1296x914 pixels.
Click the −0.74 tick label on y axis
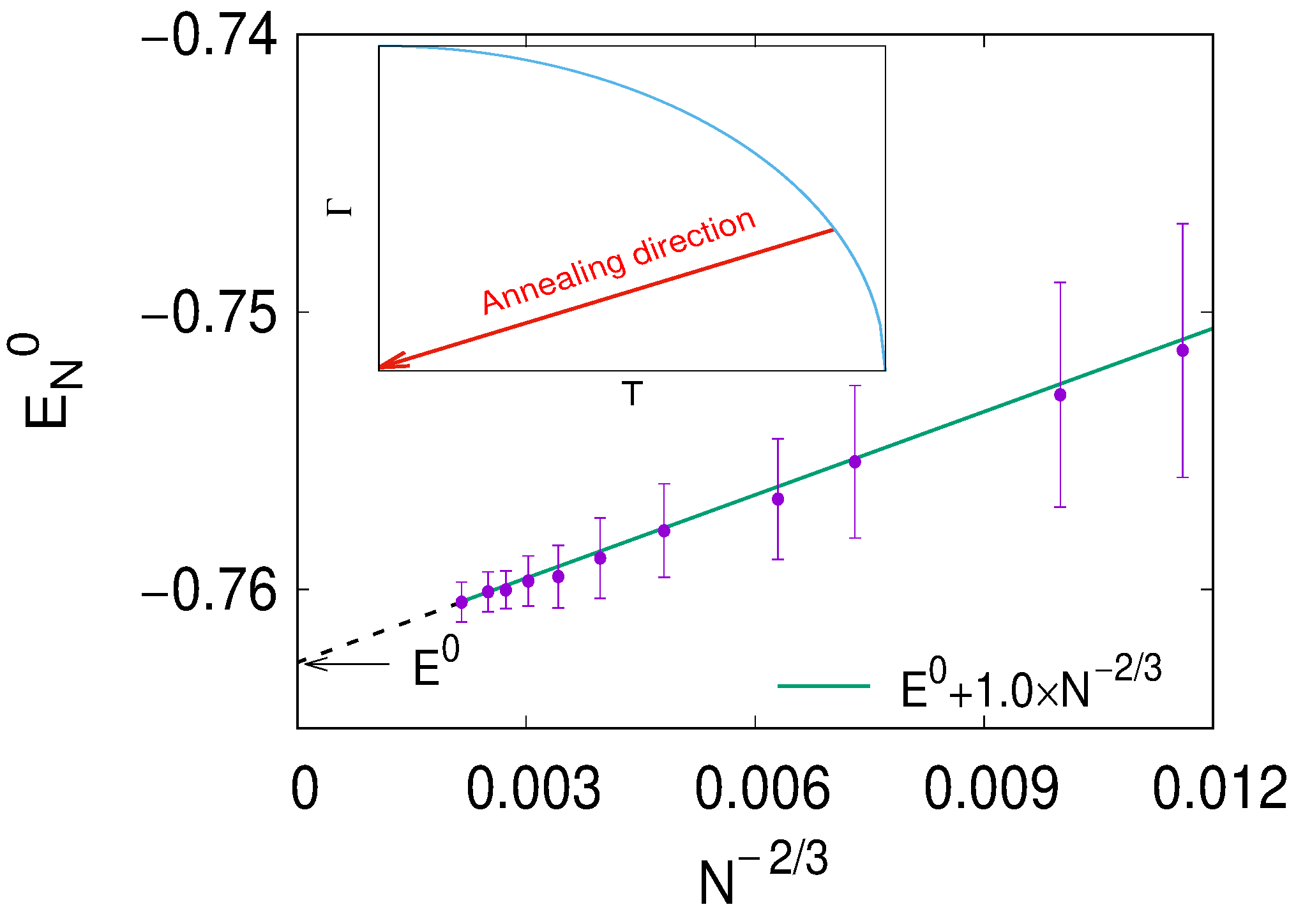point(209,37)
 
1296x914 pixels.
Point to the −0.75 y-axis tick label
point(209,313)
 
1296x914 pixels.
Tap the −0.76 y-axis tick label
point(209,591)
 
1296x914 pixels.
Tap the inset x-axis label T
point(632,394)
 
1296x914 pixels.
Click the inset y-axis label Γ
point(340,207)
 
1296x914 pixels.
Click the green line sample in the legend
point(824,686)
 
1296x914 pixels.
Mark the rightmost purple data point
point(1182,350)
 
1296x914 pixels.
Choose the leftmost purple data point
point(462,602)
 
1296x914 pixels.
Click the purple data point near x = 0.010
point(1060,395)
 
